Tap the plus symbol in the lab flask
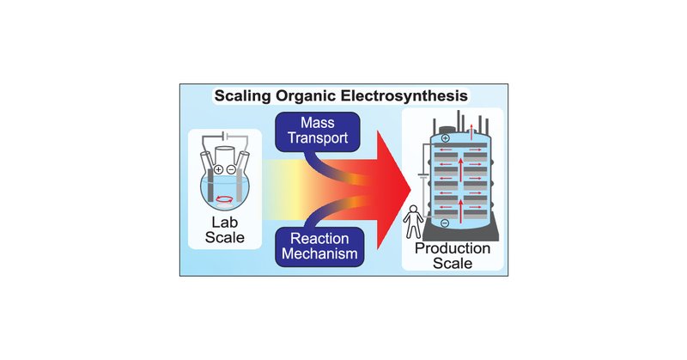click(x=219, y=169)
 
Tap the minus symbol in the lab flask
click(x=234, y=169)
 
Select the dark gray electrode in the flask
click(x=220, y=186)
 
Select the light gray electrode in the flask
click(x=234, y=186)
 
